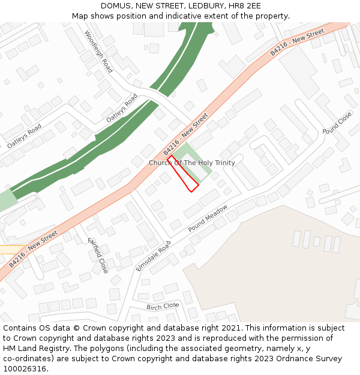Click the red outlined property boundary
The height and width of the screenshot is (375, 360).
click(184, 174)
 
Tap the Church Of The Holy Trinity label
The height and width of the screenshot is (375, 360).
click(191, 163)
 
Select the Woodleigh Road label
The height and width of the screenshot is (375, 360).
click(99, 52)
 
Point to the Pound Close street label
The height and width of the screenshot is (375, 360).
click(337, 122)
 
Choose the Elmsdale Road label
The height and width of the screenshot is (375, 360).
click(153, 256)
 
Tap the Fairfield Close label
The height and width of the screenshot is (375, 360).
click(98, 255)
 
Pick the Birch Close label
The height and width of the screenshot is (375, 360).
click(163, 306)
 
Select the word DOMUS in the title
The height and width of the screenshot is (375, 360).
click(116, 6)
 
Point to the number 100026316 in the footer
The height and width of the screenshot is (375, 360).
click(26, 369)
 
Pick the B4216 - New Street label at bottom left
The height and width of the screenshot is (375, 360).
click(33, 248)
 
